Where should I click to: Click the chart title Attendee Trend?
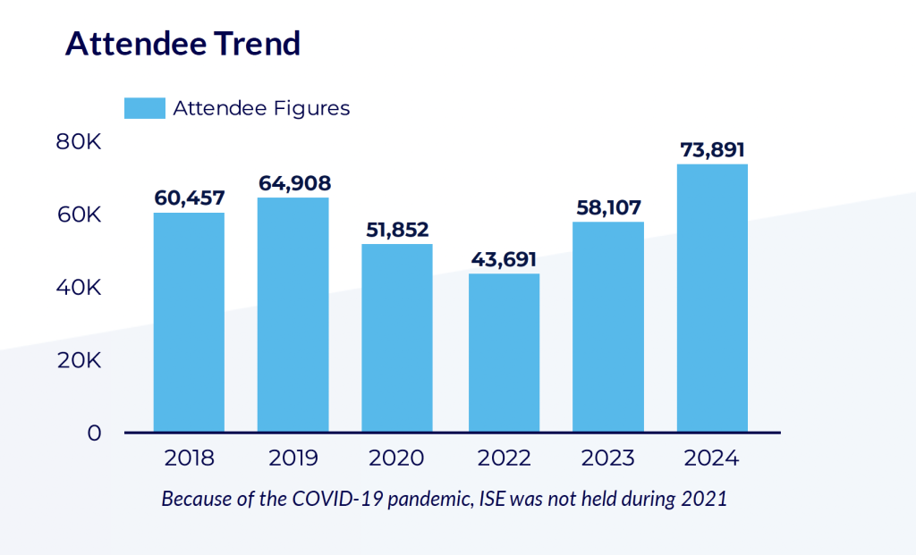182,44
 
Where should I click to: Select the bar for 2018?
189,322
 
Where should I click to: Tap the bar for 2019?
293,315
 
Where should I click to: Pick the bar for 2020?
397,338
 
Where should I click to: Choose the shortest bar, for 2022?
504,352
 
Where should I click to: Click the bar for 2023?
608,326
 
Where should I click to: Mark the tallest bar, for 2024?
712,298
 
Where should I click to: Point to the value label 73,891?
712,150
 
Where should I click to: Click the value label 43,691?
504,260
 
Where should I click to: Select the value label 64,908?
294,183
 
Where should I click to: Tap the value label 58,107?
608,207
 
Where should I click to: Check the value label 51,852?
397,230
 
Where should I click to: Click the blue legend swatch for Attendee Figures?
144,108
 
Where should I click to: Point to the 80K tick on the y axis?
79,142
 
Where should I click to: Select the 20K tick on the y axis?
79,360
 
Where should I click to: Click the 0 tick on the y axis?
94,433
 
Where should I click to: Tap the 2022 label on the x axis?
504,458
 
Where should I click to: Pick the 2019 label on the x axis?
293,458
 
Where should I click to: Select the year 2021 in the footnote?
705,498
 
